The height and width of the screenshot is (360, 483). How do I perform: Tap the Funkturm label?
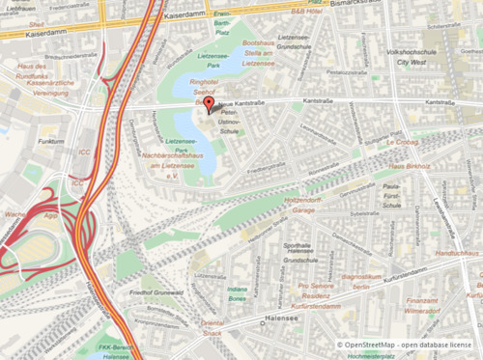pos(50,141)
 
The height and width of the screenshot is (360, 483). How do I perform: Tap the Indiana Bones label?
pos(238,294)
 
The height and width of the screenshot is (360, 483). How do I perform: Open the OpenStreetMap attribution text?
pos(407,344)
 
